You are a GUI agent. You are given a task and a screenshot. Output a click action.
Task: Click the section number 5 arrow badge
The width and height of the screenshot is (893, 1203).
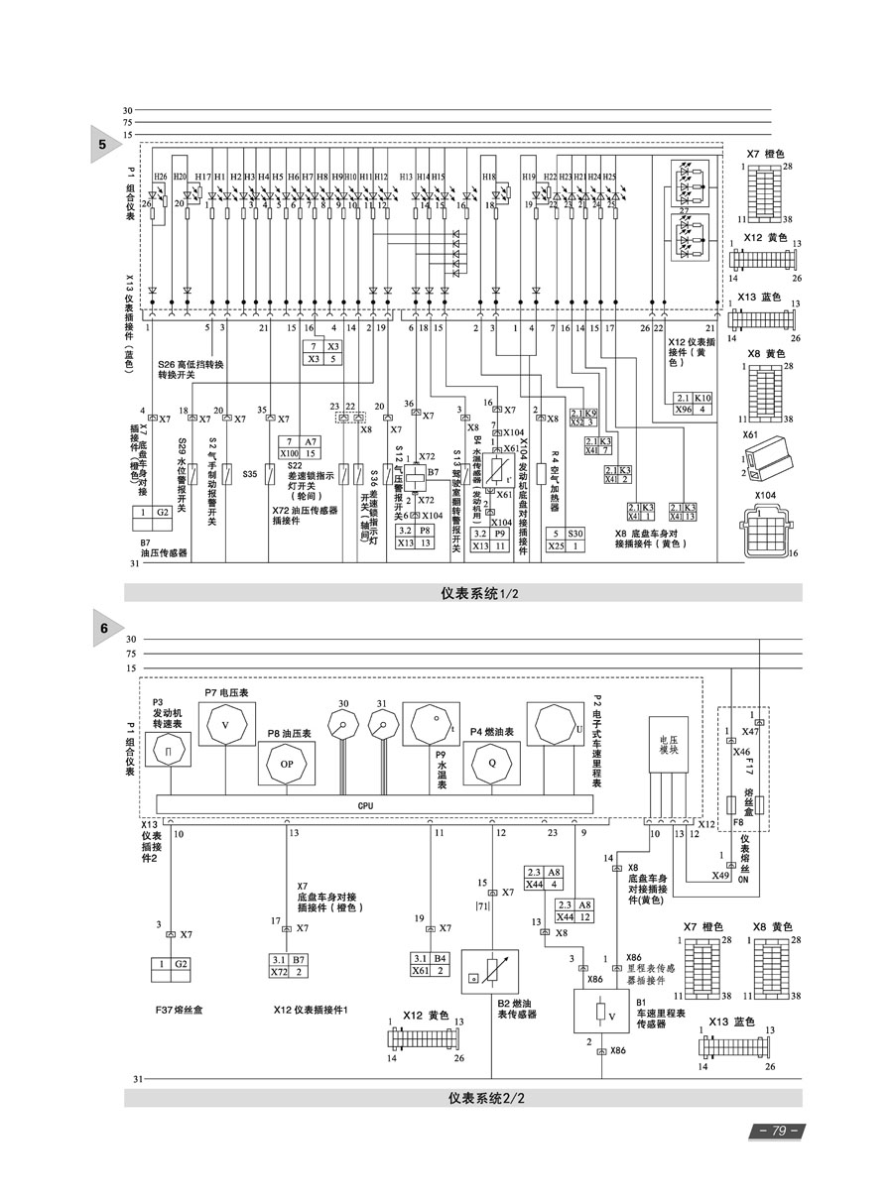[103, 146]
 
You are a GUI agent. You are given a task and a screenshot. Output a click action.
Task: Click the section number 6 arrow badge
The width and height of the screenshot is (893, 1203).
[103, 629]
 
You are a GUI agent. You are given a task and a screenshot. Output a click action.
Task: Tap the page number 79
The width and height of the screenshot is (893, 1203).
[778, 1131]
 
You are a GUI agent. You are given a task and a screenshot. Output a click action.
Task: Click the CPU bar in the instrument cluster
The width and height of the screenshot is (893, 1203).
[365, 806]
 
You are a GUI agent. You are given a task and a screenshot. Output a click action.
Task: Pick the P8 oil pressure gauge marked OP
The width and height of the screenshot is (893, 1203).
[286, 765]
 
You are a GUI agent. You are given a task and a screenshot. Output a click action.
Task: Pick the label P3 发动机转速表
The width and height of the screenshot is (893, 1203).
[166, 712]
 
